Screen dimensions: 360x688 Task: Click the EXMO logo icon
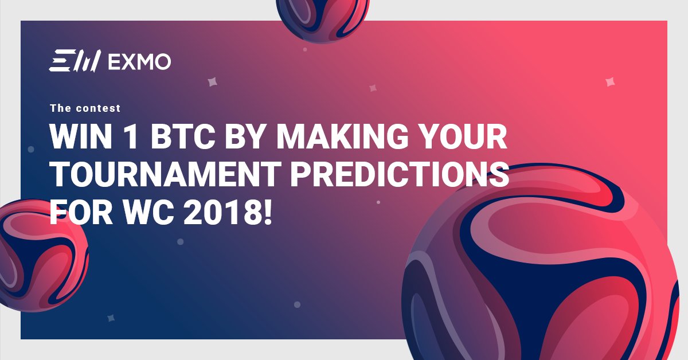[x=75, y=61]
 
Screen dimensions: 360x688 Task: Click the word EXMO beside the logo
[x=139, y=61]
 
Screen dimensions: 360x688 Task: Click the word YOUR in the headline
[x=465, y=137]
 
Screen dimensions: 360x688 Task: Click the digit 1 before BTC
[x=127, y=137]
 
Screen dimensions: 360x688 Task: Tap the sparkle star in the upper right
[x=610, y=83]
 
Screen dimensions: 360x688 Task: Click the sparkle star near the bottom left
[x=111, y=317]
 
